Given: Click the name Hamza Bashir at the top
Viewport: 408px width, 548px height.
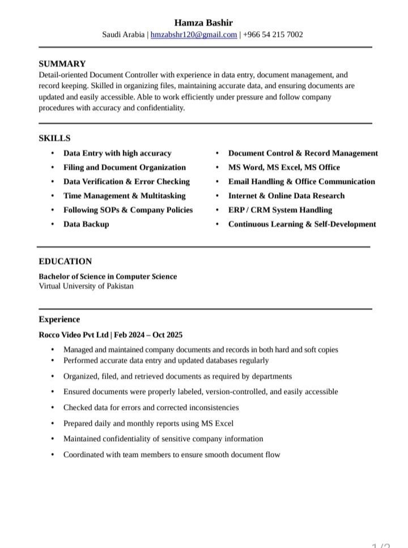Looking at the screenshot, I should coord(203,23).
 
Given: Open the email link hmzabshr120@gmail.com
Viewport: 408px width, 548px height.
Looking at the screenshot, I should coord(194,35).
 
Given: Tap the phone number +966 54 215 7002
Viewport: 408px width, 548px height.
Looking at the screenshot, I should coord(273,35).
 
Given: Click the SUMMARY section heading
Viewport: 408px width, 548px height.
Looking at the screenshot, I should coord(62,64).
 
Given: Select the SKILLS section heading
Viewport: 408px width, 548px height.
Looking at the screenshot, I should coord(54,138).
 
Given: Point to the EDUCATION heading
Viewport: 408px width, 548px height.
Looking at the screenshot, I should coord(65,262).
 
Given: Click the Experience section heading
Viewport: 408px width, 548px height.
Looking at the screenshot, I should coord(59,319).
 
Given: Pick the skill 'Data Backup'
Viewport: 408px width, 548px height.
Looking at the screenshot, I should coord(86,224).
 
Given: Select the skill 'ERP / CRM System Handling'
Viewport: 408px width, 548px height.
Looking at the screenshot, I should coord(280,210).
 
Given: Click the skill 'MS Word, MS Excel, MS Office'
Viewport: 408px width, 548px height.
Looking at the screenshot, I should coord(284,167).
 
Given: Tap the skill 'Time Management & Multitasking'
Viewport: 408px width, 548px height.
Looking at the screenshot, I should coord(124,196).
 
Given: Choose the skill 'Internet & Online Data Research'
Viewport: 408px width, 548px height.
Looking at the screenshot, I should coord(286,196).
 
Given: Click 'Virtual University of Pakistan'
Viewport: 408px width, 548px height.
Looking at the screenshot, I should coord(86,286).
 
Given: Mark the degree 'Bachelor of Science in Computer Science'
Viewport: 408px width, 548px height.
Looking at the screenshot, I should coord(108,276).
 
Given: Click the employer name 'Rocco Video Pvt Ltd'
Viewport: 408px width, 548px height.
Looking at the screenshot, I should coord(74,335).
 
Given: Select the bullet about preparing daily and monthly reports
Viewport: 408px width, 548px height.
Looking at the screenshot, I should coord(148,423).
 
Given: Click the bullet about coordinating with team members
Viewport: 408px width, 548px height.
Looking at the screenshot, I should coord(172,454).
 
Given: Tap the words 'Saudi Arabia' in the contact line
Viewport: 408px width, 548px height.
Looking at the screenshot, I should coord(124,35).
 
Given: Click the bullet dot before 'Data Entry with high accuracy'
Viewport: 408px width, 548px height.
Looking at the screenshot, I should coord(53,153).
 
